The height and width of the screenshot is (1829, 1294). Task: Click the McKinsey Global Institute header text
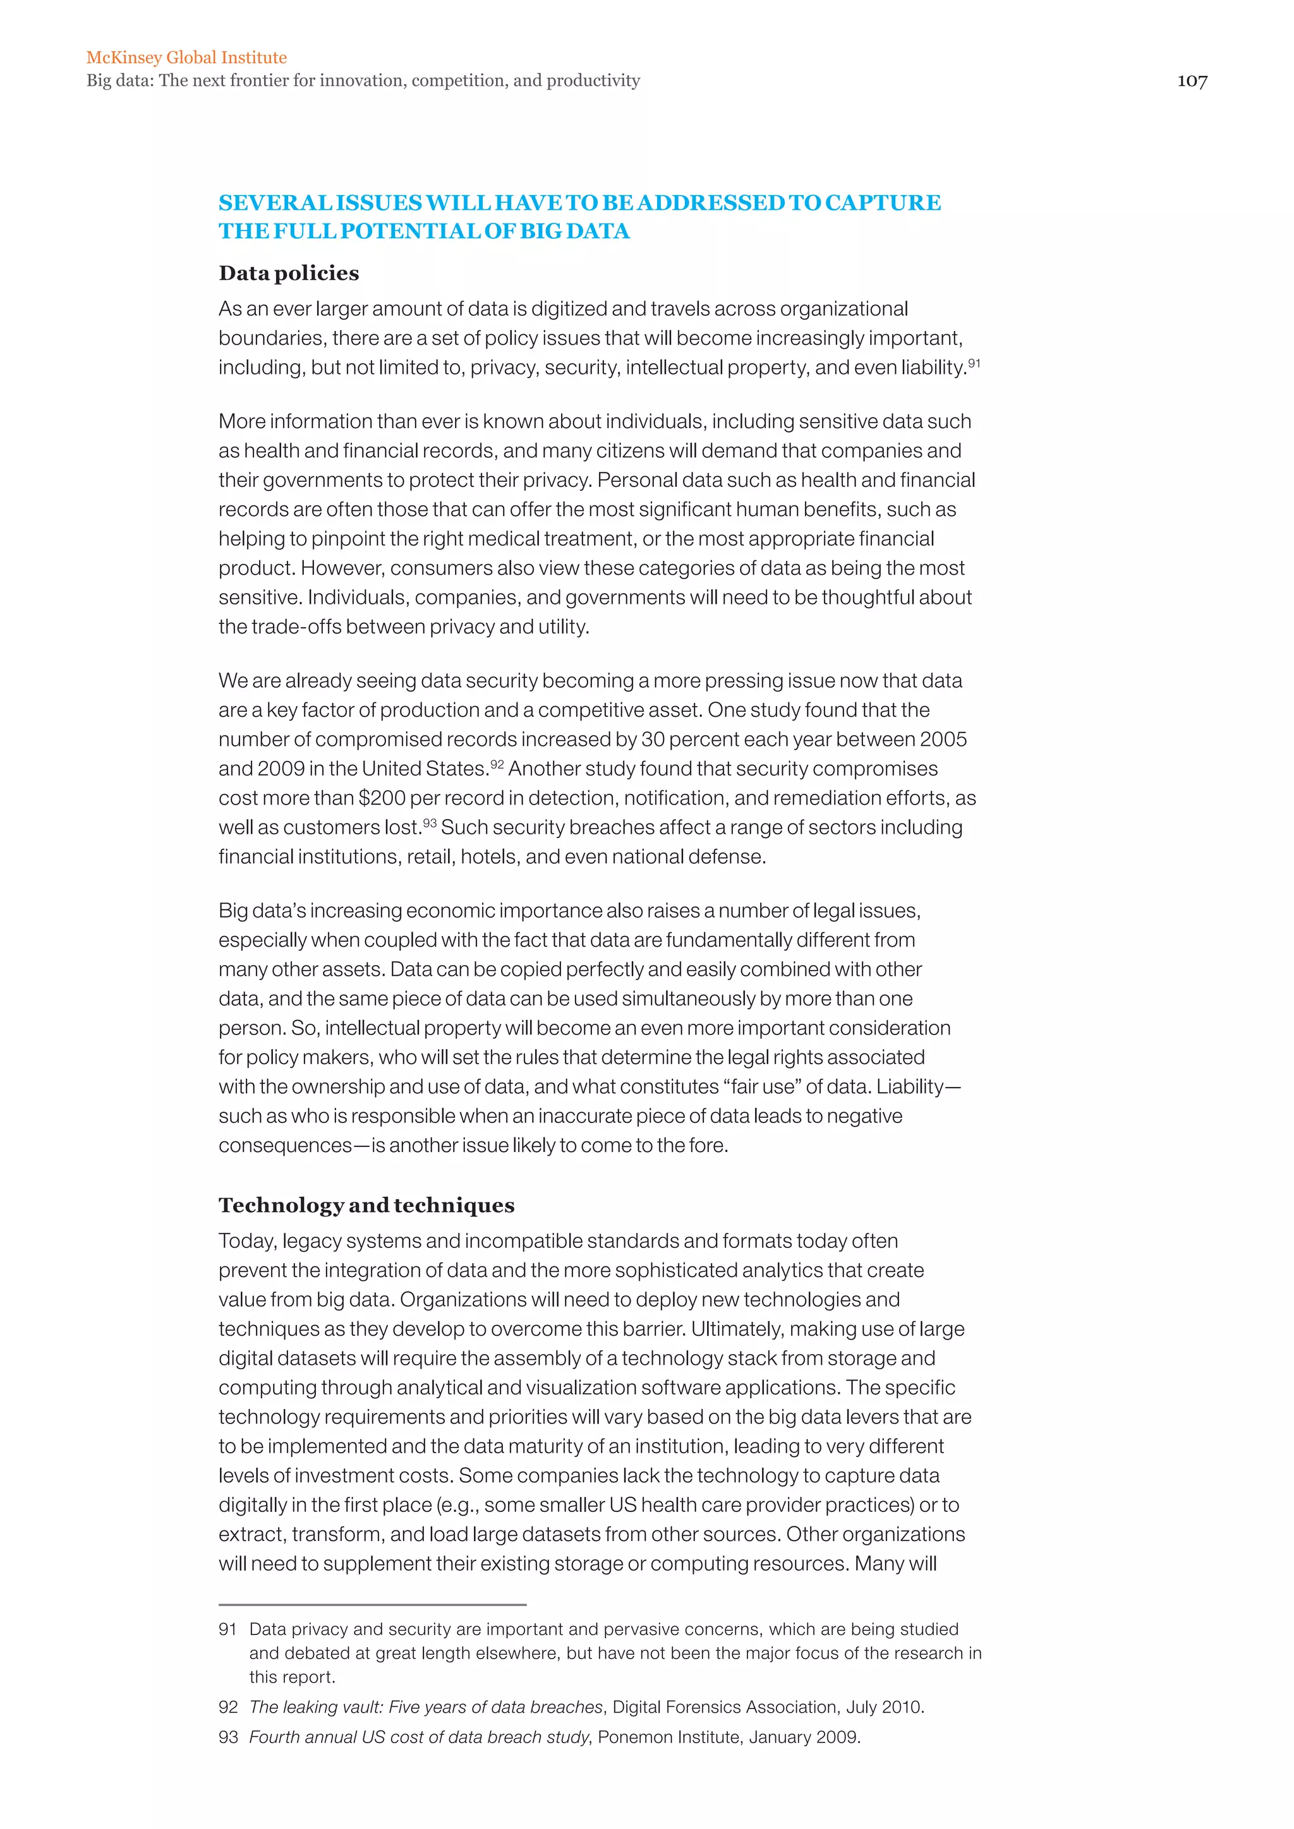(x=186, y=57)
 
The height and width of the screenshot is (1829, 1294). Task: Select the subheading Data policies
(x=289, y=273)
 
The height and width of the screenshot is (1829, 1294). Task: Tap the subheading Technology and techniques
(x=366, y=1205)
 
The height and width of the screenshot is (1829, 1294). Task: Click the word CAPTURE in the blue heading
(x=882, y=203)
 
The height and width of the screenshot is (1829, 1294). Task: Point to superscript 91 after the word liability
(x=974, y=363)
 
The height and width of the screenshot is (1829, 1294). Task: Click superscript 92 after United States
(x=497, y=764)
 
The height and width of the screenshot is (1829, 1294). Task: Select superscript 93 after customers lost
(x=430, y=823)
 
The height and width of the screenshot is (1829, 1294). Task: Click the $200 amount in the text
(x=382, y=798)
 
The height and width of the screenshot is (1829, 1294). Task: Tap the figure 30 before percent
(x=653, y=740)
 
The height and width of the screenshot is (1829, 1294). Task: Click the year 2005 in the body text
(x=943, y=740)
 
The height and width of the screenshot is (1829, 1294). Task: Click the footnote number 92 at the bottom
(x=228, y=1707)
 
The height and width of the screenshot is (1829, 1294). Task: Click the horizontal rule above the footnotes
(x=372, y=1604)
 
